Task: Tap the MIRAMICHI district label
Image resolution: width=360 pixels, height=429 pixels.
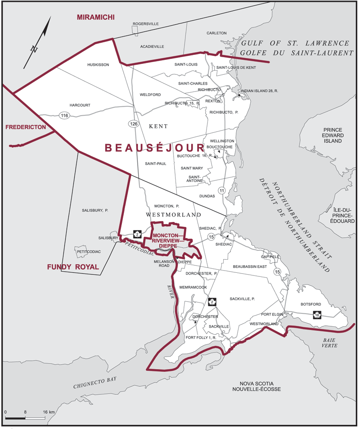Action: [95, 17]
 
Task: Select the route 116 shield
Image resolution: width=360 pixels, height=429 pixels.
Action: [64, 116]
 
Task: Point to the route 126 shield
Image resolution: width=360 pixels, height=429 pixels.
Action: [133, 123]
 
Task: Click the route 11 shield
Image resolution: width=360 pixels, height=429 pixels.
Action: [221, 191]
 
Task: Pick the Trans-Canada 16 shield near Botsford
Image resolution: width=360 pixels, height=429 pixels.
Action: [317, 316]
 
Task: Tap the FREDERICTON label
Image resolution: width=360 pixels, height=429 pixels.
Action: [26, 127]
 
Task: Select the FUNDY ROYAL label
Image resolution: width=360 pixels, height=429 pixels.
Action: [73, 267]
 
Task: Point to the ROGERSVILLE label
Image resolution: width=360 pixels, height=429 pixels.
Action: [145, 24]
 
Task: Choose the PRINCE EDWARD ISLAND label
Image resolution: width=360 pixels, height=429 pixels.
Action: [332, 135]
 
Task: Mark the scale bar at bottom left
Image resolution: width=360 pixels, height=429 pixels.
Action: [25, 418]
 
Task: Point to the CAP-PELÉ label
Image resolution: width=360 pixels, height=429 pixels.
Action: [271, 257]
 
